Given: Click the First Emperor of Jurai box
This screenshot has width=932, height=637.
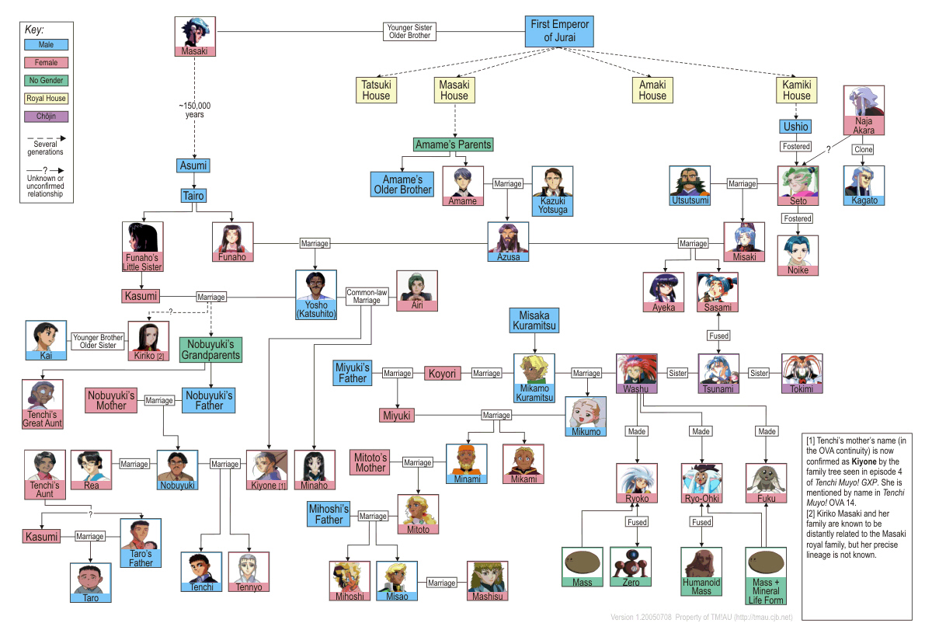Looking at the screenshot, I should (x=559, y=32).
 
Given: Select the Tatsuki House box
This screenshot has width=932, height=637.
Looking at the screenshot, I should (x=377, y=90).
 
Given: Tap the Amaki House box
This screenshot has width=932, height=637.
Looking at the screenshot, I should (x=652, y=90).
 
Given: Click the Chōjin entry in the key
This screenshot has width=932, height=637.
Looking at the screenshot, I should (x=47, y=117).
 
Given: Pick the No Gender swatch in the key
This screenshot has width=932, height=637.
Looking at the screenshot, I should (x=47, y=80).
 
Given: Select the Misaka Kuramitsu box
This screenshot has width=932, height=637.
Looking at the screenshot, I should (x=534, y=320).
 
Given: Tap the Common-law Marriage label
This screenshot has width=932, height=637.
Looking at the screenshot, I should (x=367, y=297).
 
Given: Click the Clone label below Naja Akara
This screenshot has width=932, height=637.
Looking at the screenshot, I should (x=863, y=149).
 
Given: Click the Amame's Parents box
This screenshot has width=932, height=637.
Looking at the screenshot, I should (x=454, y=144).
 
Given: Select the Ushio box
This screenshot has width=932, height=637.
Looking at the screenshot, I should (x=796, y=126).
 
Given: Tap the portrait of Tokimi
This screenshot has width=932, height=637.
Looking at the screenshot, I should (x=802, y=369).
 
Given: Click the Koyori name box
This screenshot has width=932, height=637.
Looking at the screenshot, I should (x=443, y=374).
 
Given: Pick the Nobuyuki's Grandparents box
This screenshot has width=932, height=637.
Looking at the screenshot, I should (x=211, y=349).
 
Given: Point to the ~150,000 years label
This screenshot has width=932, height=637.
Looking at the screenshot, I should (x=194, y=110).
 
